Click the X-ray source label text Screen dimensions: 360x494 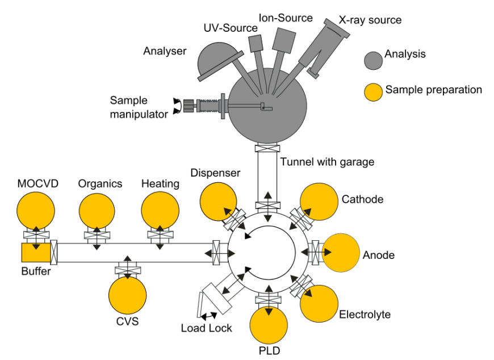tap(370, 20)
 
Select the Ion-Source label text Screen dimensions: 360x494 tap(286, 18)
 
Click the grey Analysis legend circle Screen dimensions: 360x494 tap(374, 60)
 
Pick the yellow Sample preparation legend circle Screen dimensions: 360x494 tap(374, 91)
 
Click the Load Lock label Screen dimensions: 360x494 tap(207, 328)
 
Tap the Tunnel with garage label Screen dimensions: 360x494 tap(327, 162)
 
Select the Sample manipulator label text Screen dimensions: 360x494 tap(139, 107)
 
